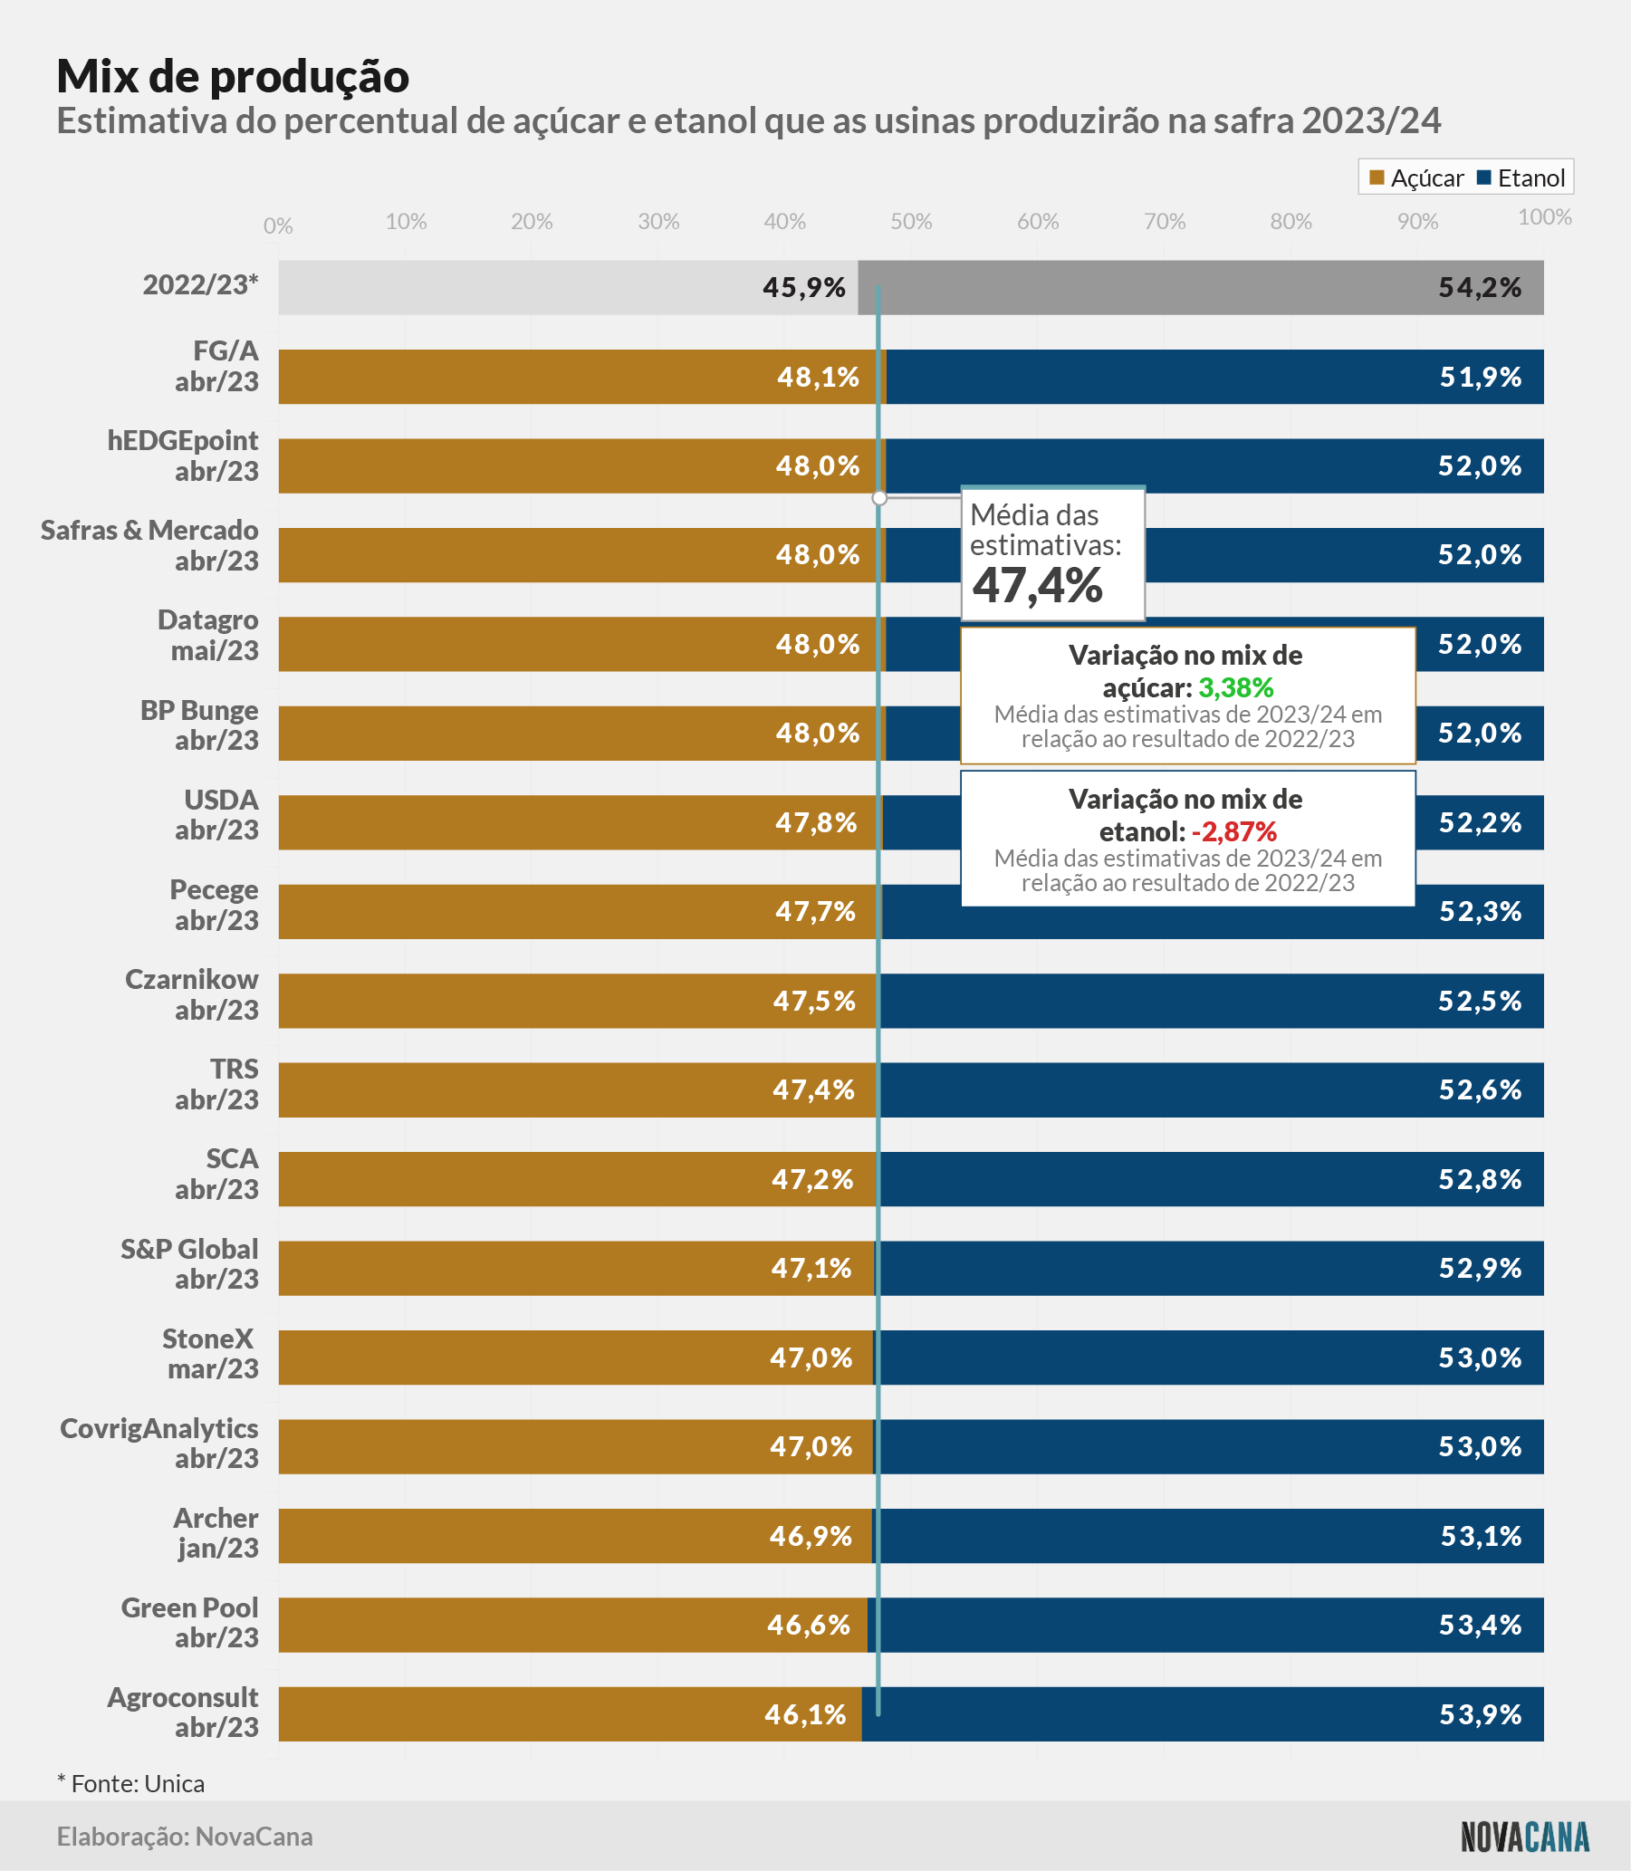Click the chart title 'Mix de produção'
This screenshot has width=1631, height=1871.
click(233, 76)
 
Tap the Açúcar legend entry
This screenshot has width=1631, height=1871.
click(1416, 178)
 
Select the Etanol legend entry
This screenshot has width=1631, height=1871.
click(1521, 178)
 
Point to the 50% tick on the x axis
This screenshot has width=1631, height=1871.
click(911, 221)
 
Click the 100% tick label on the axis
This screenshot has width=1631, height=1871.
click(1545, 216)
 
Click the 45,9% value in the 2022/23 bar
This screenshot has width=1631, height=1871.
click(803, 288)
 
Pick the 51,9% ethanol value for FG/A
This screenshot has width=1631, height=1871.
click(1480, 377)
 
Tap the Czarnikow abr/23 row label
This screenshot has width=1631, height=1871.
click(191, 994)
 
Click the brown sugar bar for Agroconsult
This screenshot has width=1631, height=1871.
click(570, 1714)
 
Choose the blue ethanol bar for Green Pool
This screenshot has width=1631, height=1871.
click(1205, 1626)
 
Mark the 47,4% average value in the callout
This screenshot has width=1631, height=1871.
click(1038, 585)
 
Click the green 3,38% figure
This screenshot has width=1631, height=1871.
click(1235, 687)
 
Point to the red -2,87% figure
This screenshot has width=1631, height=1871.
click(1233, 831)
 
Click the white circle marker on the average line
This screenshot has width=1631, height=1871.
click(879, 498)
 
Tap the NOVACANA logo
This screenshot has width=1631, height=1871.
click(1525, 1837)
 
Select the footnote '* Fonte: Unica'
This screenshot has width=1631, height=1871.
click(131, 1784)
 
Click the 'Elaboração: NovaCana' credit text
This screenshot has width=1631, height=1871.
click(185, 1837)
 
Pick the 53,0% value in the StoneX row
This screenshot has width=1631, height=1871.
click(1480, 1358)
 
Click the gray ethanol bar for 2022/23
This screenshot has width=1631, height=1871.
click(1201, 288)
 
